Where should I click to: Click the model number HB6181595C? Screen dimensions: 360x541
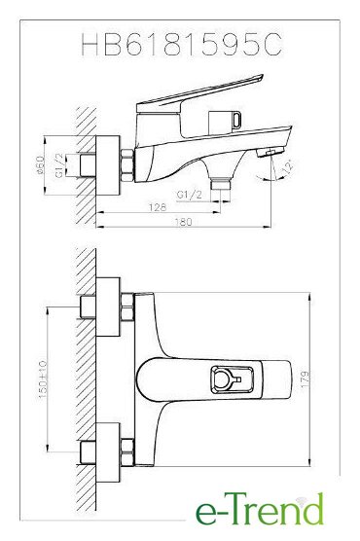tap(182, 44)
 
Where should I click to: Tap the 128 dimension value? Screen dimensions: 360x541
tap(158, 207)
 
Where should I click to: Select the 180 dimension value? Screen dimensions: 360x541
tap(183, 222)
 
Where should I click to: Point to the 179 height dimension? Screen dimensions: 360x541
tap(306, 379)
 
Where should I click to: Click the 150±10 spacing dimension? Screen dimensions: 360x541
tap(43, 379)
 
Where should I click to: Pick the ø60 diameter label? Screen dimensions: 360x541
tap(41, 164)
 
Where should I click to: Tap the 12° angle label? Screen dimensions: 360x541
tap(287, 166)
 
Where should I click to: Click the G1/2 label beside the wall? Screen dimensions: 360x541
tap(59, 165)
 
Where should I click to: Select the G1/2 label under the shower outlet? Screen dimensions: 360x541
tap(189, 195)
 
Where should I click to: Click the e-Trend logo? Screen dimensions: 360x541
tap(260, 509)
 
